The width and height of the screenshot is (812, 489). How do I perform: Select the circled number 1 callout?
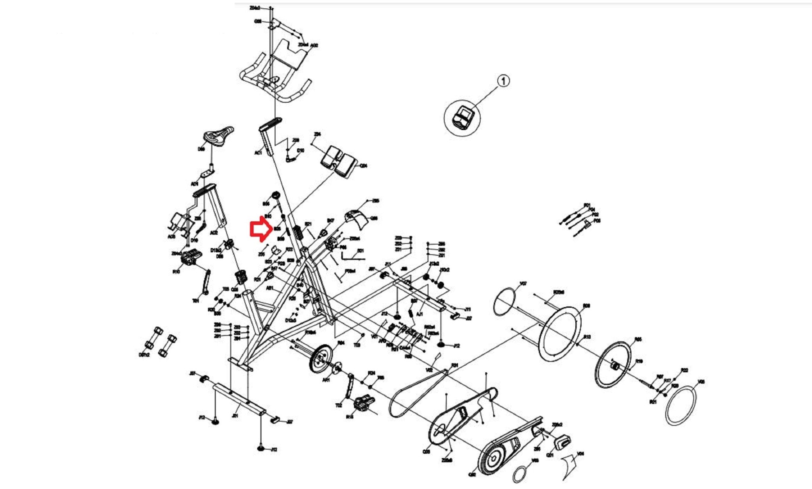click(x=503, y=81)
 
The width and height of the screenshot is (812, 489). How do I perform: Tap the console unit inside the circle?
click(x=462, y=117)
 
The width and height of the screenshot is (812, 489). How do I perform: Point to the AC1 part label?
click(x=258, y=153)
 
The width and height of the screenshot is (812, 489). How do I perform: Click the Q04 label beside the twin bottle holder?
click(x=363, y=166)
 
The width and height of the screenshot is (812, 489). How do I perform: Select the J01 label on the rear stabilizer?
click(x=235, y=416)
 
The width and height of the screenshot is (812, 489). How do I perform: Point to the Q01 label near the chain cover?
click(x=550, y=455)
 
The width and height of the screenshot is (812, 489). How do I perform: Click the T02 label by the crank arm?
click(x=338, y=406)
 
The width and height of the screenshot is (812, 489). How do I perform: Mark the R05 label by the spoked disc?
click(x=638, y=339)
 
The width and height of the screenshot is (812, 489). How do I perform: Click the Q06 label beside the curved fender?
click(x=373, y=219)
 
